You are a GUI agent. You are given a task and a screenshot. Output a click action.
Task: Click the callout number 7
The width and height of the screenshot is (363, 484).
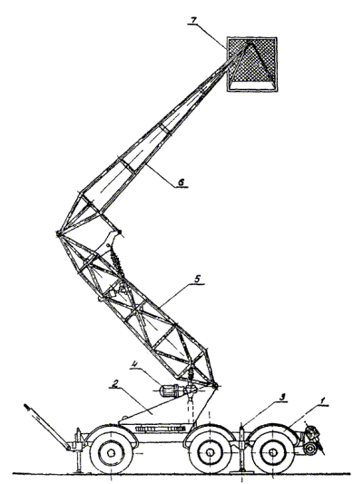tap(193, 20)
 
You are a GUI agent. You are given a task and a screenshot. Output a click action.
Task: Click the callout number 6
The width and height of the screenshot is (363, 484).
tap(182, 183)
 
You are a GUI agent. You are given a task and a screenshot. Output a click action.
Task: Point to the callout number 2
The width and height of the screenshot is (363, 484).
tap(114, 384)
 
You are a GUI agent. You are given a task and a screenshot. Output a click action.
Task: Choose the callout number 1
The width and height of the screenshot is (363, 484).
tap(322, 401)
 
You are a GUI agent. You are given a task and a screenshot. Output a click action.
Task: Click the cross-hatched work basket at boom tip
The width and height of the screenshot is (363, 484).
tap(251, 64)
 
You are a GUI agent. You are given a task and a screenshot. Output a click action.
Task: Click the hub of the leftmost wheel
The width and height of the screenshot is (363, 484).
tap(111, 453)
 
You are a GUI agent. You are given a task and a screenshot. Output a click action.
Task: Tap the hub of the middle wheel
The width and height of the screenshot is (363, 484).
tap(210, 453)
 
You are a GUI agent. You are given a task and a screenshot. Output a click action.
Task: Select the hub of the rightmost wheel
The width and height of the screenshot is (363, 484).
tap(272, 453)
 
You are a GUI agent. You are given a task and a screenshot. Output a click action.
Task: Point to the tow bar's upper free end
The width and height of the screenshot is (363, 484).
tap(28, 408)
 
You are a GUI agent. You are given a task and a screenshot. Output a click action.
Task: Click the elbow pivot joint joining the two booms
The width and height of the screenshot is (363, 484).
tap(58, 233)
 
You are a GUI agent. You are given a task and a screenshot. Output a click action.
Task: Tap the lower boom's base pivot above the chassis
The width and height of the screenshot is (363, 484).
tap(215, 386)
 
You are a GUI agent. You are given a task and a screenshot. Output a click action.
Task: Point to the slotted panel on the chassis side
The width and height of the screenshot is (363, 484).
tap(160, 429)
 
